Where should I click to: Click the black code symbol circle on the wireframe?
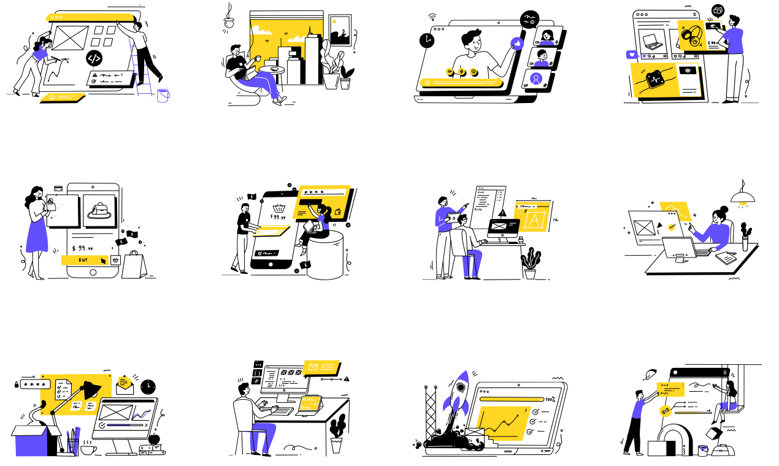point(93,59)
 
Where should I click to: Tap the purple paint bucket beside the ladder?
point(163,96)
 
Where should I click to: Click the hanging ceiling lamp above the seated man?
point(230,23)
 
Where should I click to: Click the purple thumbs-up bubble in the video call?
point(516,43)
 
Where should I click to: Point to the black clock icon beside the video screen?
point(426,40)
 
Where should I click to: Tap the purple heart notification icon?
point(631,55)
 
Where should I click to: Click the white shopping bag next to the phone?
point(134,265)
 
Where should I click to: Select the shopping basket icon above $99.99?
point(278,208)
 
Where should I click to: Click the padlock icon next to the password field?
point(17,384)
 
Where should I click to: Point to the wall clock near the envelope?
point(148,386)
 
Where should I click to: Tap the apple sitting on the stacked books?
point(154,439)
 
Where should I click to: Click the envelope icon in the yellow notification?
point(313,367)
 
